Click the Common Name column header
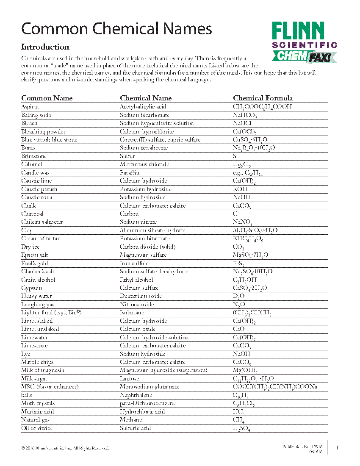(47, 98)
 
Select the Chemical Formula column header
(263, 98)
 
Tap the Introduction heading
(45, 47)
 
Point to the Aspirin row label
(30, 107)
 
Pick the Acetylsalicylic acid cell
(143, 107)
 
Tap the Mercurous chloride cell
(144, 164)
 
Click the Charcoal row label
(32, 214)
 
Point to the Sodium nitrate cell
(138, 222)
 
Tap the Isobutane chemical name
(132, 313)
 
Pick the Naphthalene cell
(136, 395)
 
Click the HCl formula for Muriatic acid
(238, 412)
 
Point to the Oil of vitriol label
(36, 428)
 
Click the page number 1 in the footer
(337, 447)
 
